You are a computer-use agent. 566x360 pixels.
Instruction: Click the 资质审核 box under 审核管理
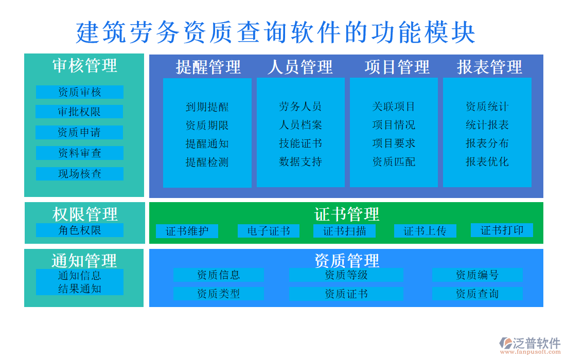pyautogui.click(x=79, y=92)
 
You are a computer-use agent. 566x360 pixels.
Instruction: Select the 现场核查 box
pyautogui.click(x=79, y=174)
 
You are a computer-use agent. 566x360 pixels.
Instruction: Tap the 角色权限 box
pyautogui.click(x=79, y=230)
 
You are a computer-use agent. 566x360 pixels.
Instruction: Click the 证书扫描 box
pyautogui.click(x=344, y=231)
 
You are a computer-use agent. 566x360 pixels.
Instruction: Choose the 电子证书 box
pyautogui.click(x=268, y=231)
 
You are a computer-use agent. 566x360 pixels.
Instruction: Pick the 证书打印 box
pyautogui.click(x=502, y=230)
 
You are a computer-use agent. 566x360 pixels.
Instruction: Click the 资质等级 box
pyautogui.click(x=346, y=275)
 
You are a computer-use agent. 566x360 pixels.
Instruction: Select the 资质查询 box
pyautogui.click(x=477, y=294)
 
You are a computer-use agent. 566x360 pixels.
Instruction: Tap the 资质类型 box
pyautogui.click(x=218, y=294)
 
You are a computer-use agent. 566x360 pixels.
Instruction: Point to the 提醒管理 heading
pyautogui.click(x=208, y=67)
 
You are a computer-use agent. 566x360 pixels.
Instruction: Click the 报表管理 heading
pyautogui.click(x=489, y=67)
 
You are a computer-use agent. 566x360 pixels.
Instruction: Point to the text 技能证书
pyautogui.click(x=300, y=143)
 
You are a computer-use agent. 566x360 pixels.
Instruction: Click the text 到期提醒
pyautogui.click(x=207, y=107)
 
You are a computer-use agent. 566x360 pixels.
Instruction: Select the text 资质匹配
pyautogui.click(x=394, y=162)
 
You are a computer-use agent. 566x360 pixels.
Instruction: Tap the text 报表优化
pyautogui.click(x=487, y=162)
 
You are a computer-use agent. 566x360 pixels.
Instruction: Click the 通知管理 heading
pyautogui.click(x=84, y=260)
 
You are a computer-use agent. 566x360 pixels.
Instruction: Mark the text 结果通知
pyautogui.click(x=79, y=289)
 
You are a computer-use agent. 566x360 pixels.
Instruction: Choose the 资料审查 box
pyautogui.click(x=79, y=153)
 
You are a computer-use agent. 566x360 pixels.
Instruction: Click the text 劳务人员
pyautogui.click(x=300, y=106)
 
